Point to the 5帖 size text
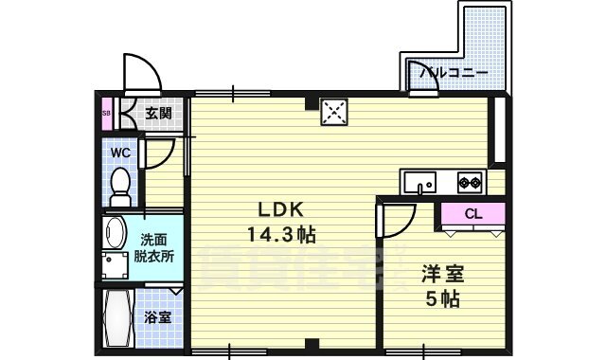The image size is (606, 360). coord(442,300)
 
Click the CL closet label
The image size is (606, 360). coord(473,214)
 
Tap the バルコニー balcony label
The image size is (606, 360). coord(454,72)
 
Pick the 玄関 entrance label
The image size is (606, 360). coord(158,113)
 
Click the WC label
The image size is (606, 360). coord(120,152)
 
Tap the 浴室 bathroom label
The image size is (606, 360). coord(158,317)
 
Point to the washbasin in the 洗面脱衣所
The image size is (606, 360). coord(116,233)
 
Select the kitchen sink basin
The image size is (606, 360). coord(418,180)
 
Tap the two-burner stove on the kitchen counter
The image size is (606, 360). coord(470,180)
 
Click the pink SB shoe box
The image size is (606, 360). coord(105,113)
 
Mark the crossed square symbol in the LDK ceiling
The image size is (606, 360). coord(332,112)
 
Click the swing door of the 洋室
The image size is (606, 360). coord(396,220)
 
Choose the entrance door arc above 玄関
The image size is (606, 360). coord(138,71)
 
